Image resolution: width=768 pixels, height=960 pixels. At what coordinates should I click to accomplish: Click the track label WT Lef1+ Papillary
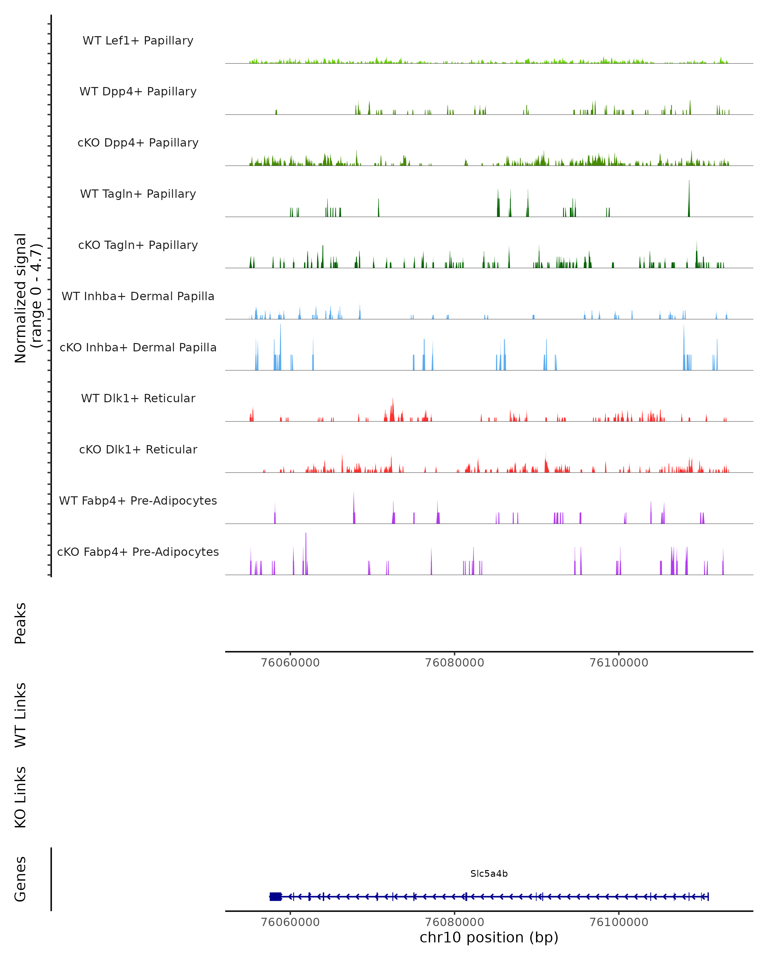(x=138, y=41)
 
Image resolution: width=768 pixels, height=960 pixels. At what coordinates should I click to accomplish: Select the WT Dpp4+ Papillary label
(x=138, y=92)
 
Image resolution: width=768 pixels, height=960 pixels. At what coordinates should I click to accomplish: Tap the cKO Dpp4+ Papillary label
(x=138, y=143)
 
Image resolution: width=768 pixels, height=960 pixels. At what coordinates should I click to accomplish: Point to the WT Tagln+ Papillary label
(x=138, y=194)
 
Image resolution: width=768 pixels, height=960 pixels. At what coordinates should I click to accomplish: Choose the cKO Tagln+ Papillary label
(x=138, y=245)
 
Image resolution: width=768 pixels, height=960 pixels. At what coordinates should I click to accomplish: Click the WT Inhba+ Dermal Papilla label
(x=138, y=297)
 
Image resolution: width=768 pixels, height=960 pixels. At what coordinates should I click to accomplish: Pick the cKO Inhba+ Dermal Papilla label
(x=138, y=348)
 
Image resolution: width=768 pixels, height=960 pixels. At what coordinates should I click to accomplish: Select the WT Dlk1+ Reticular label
(x=138, y=398)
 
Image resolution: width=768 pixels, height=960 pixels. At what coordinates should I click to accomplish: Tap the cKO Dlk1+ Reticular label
(x=138, y=450)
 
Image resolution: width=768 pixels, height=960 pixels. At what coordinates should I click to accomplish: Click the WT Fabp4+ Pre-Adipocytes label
(x=138, y=501)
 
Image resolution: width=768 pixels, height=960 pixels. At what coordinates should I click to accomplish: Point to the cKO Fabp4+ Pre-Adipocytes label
(x=138, y=552)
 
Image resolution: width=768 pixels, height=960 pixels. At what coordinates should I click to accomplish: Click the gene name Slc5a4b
(x=489, y=874)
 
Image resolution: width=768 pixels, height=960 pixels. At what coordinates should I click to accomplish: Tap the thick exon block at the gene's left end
(x=276, y=897)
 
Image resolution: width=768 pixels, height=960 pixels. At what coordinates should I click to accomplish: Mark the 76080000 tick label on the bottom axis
(x=455, y=922)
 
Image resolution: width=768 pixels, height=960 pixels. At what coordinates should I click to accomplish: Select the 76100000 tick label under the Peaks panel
(x=619, y=663)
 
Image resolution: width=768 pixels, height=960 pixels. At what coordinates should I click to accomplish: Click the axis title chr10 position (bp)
(x=489, y=938)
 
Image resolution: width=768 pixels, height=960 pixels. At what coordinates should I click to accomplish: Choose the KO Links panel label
(x=20, y=797)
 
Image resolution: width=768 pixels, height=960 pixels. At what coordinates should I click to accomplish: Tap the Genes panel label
(x=20, y=879)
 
